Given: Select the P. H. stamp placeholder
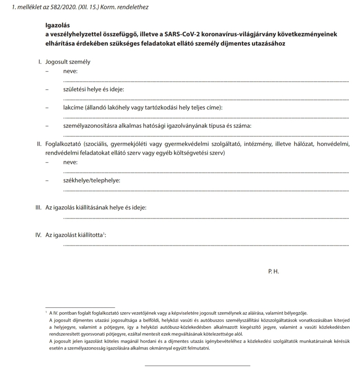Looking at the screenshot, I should (273, 271).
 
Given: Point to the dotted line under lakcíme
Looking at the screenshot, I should (206, 118).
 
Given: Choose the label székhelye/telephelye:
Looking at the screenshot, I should (92, 180).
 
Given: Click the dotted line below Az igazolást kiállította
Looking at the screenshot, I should (206, 245).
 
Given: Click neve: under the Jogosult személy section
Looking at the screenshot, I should (70, 71).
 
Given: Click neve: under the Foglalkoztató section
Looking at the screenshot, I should (70, 162).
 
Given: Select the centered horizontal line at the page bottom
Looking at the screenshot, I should (197, 365).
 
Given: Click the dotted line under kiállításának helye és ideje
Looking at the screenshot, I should (206, 218).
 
